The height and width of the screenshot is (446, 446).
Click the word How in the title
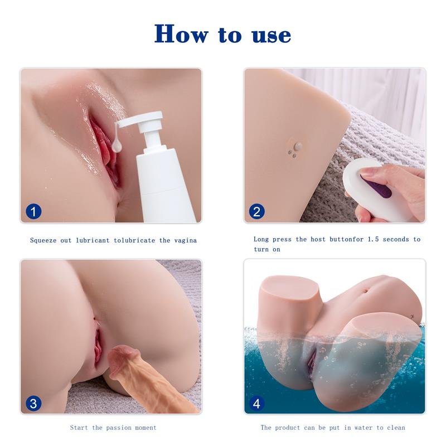point(182,33)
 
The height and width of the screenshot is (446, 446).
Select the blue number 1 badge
point(34,211)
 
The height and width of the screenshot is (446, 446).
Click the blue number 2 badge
point(257,211)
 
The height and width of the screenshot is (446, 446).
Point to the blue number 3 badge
point(34,403)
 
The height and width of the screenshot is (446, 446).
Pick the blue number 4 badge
point(257,403)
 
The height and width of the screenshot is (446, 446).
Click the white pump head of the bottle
point(147,122)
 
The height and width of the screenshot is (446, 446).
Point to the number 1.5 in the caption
point(374,239)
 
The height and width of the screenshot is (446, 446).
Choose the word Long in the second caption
point(262,239)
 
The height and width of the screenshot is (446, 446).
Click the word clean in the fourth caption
point(395,428)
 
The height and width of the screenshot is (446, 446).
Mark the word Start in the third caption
point(80,428)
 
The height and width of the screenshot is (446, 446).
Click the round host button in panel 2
point(298,147)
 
